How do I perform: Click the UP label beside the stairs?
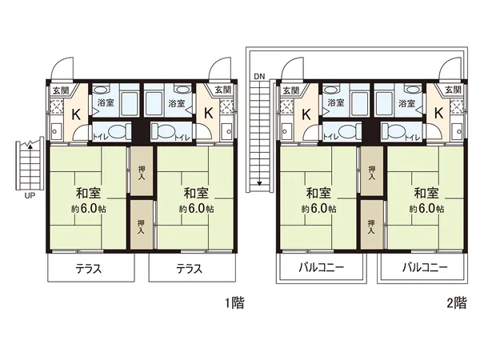click(x=30, y=195)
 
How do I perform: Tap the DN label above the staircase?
click(x=259, y=76)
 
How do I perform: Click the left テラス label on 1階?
click(x=88, y=269)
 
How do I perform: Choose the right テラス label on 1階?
click(x=188, y=269)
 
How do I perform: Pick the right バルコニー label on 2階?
click(x=423, y=269)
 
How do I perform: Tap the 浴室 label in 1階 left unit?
click(x=106, y=103)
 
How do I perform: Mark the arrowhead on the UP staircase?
click(x=29, y=146)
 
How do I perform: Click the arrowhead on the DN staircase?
click(x=259, y=184)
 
